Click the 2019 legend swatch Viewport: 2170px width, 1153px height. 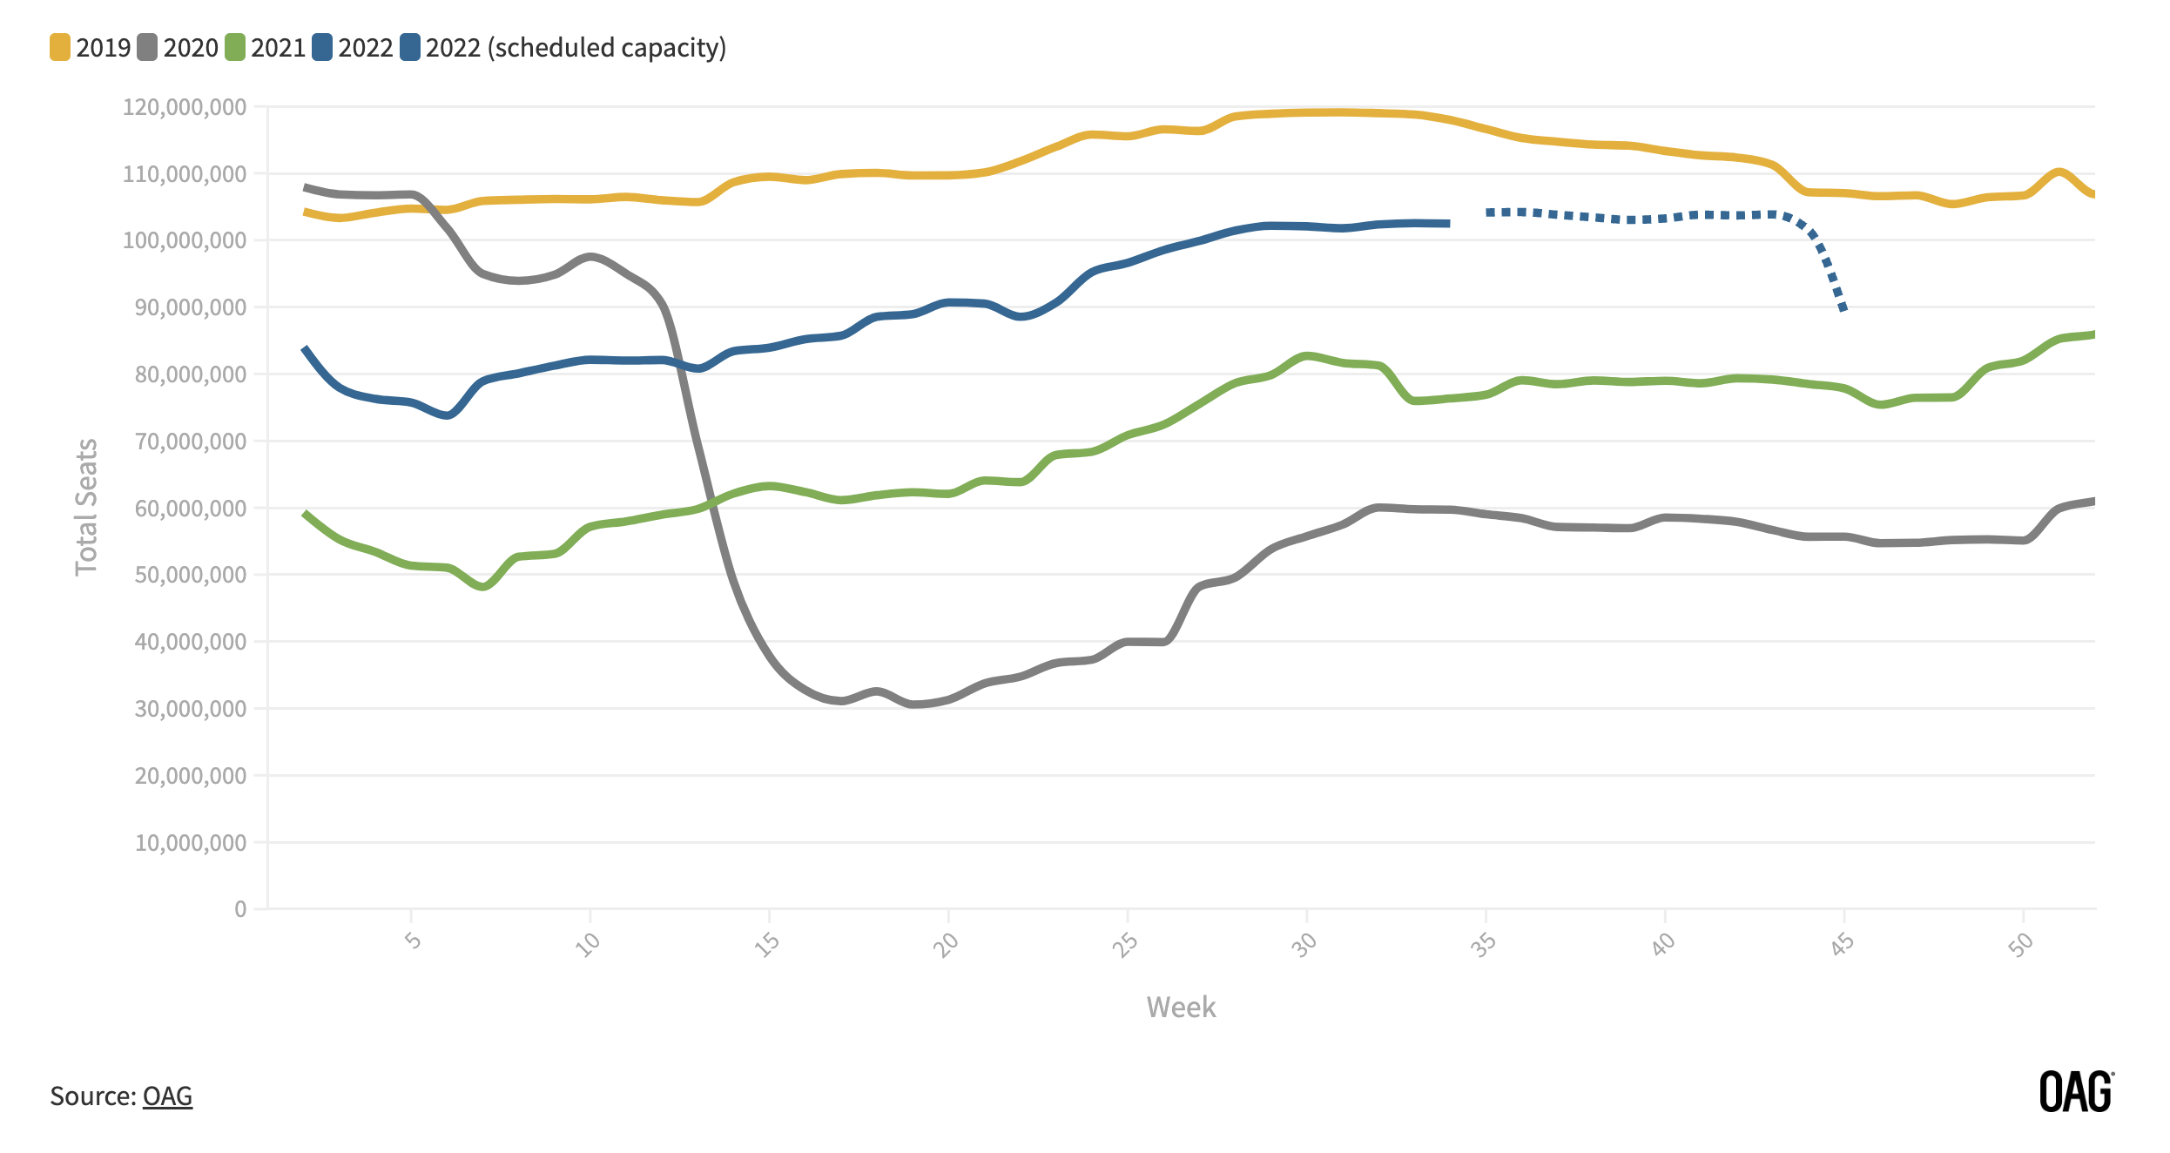pos(60,47)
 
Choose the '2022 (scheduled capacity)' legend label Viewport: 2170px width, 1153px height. pos(575,47)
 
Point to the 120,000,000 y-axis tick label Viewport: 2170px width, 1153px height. pos(185,107)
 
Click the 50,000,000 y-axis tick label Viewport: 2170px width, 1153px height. pos(191,575)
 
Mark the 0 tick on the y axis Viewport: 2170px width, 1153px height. pos(240,909)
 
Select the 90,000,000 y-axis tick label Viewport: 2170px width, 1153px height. pos(191,307)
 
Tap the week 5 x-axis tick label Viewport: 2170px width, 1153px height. pos(413,941)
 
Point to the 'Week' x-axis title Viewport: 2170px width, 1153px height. pos(1181,1007)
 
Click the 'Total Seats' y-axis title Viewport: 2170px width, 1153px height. pos(86,507)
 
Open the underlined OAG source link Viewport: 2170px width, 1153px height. pos(167,1096)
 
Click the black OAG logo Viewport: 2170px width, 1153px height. pos(2076,1092)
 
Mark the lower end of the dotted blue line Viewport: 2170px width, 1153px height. pos(1843,308)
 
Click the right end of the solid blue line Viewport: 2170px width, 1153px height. pos(1447,224)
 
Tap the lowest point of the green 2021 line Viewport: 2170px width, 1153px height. pos(484,586)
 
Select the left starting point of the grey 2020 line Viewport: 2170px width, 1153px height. pos(306,187)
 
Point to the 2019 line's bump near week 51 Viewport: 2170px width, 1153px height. pos(2059,172)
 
